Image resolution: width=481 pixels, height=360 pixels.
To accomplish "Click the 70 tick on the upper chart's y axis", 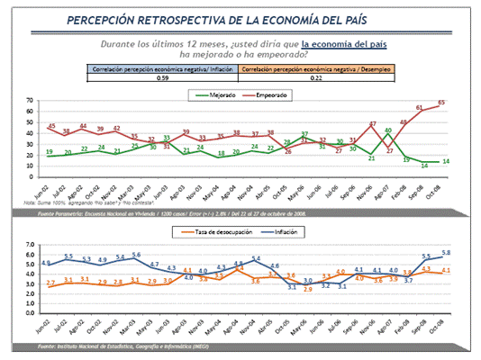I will (x=30, y=101).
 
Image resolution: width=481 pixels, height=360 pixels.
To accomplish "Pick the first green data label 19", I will (x=48, y=153).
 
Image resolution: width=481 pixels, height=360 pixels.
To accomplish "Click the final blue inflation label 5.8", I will (x=446, y=252).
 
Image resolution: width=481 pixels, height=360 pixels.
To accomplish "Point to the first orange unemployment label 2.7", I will (x=50, y=283).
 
